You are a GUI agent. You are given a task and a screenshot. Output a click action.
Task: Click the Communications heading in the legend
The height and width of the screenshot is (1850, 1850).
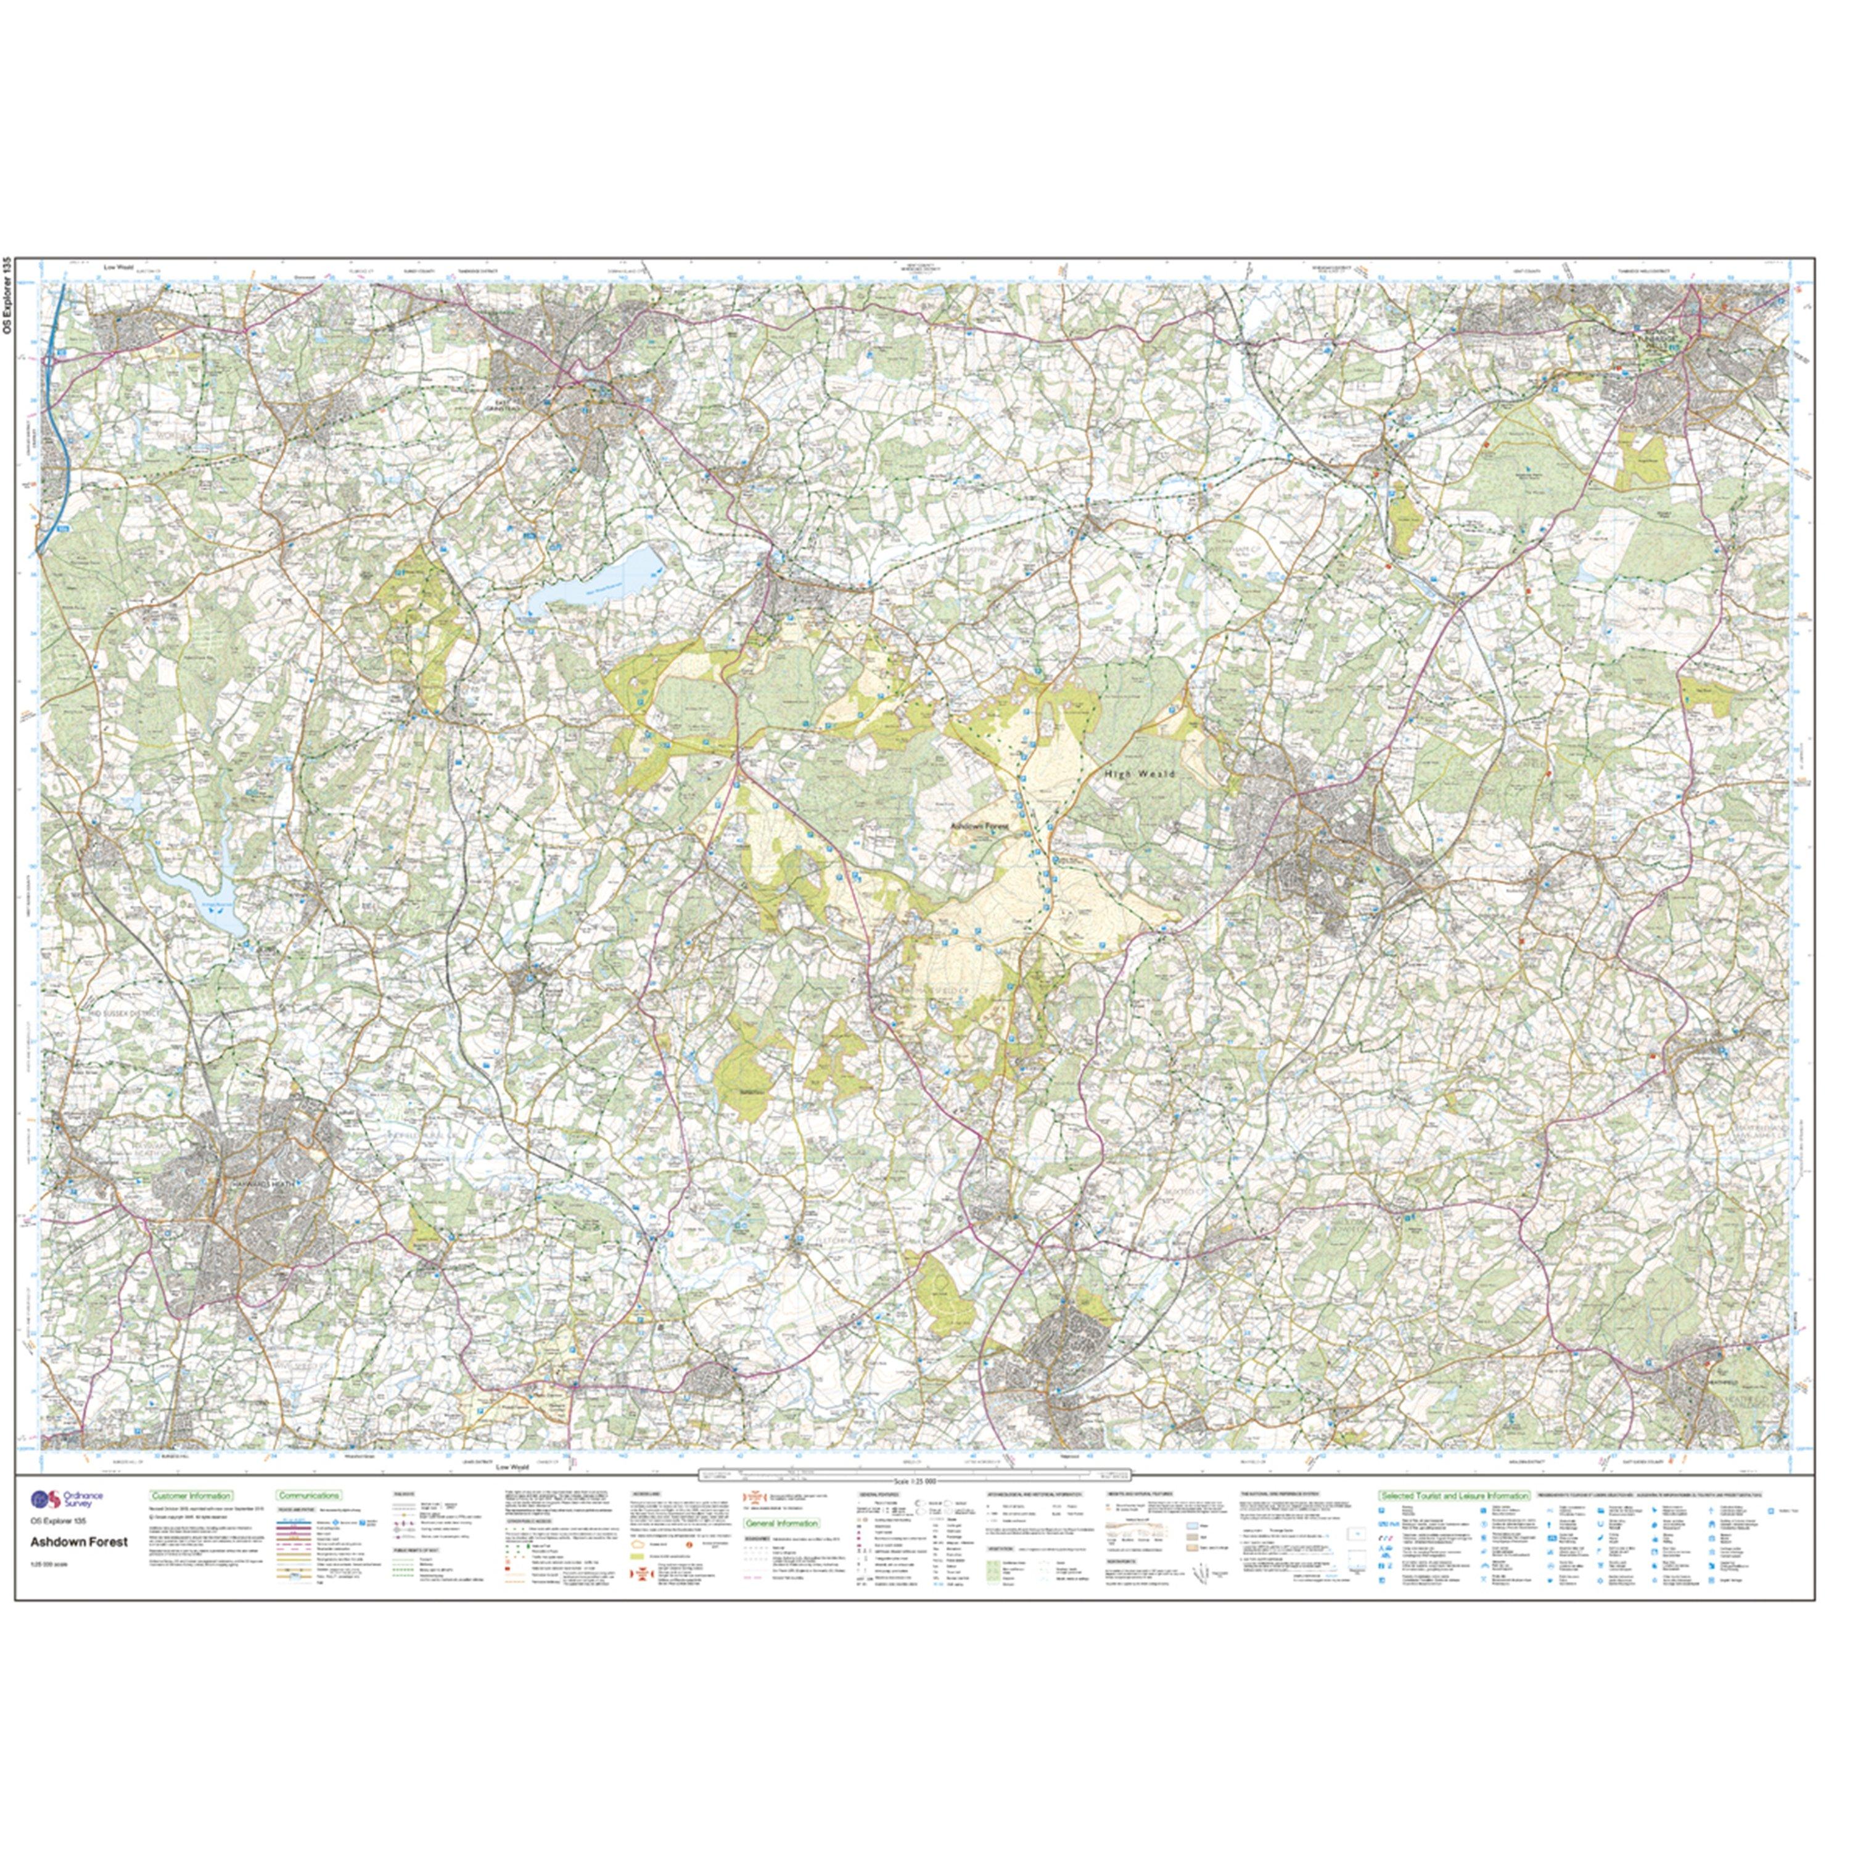click(308, 1495)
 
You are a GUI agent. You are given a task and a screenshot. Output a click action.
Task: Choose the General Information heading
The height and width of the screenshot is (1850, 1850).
click(783, 1523)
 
